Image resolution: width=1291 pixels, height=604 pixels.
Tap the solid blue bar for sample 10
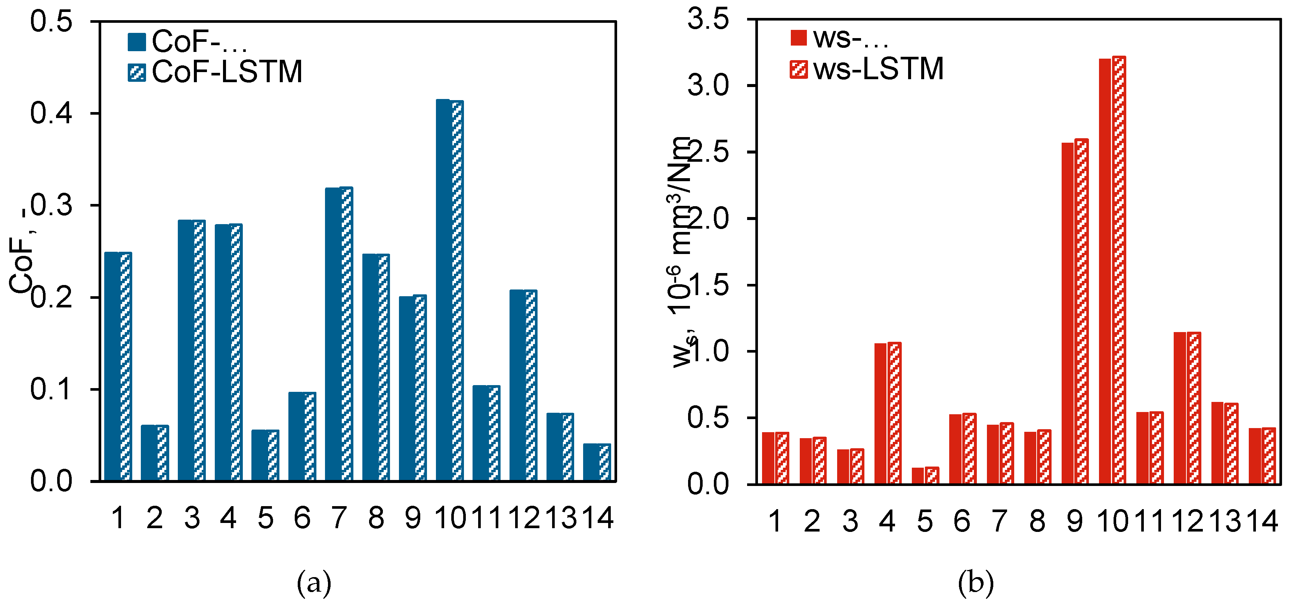point(443,291)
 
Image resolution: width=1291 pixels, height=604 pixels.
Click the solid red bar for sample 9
point(1068,313)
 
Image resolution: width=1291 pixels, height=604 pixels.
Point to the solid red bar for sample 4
point(880,413)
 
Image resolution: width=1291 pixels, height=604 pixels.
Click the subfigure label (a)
point(314,583)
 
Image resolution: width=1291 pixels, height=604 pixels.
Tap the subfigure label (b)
point(975,583)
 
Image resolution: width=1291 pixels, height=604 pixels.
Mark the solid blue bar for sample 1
point(112,366)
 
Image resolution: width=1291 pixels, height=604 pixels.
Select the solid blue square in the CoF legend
point(137,42)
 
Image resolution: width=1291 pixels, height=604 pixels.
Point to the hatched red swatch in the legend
point(798,69)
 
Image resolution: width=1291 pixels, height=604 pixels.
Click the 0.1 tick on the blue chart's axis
point(51,390)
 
